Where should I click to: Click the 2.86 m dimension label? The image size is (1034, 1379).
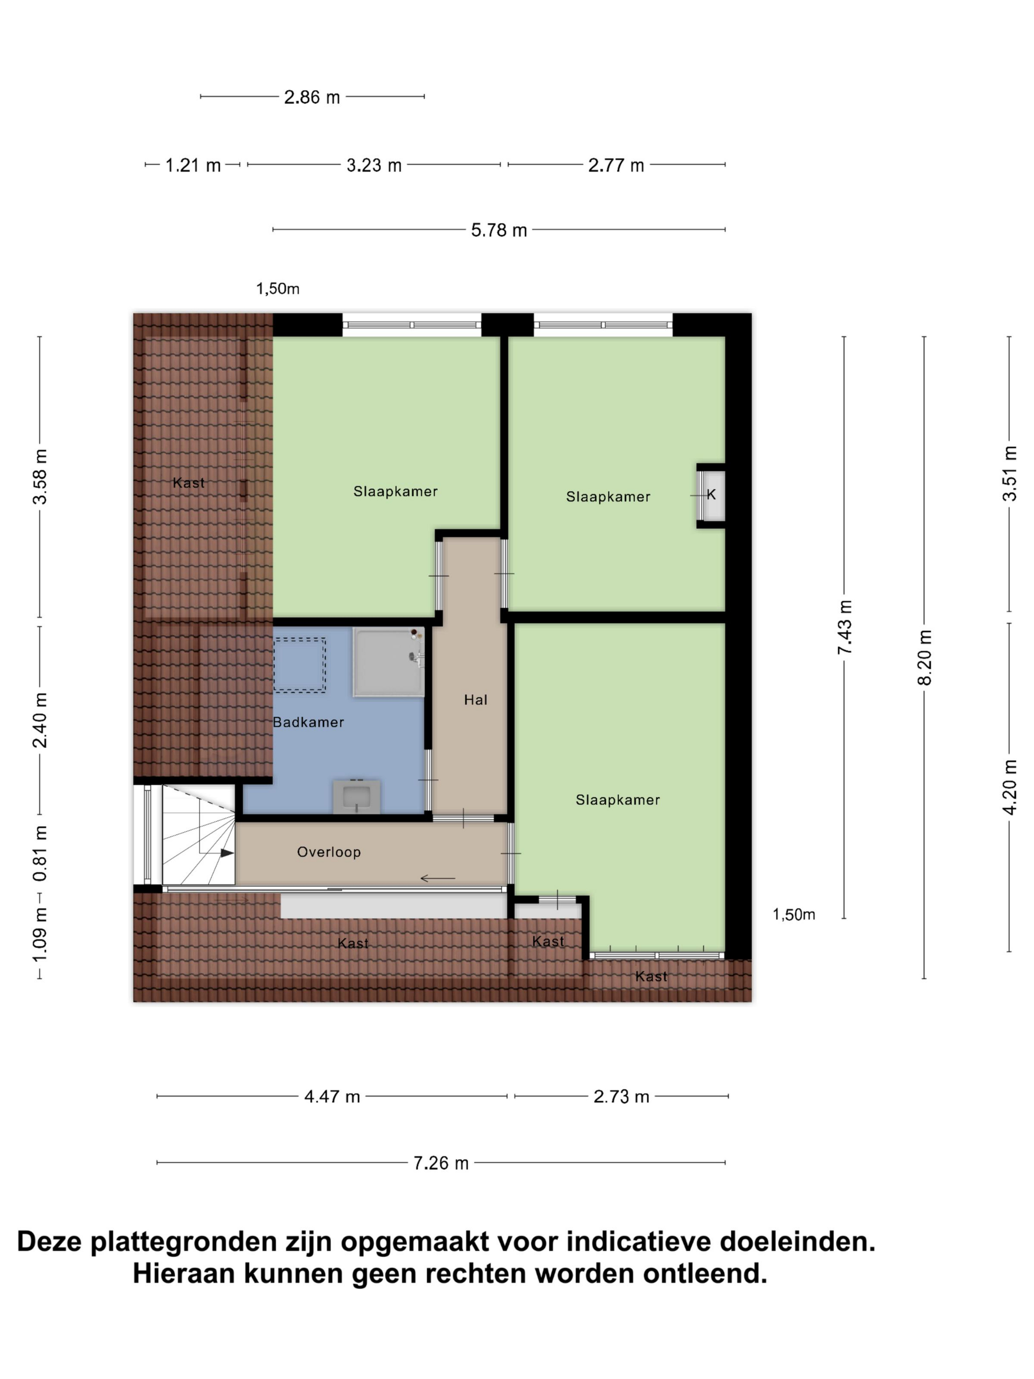pos(312,97)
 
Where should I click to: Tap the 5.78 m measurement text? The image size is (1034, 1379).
pos(499,230)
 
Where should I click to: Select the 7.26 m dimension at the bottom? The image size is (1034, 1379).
pos(441,1163)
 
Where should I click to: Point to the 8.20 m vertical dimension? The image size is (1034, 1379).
pos(924,657)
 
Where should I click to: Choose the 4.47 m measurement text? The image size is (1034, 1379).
pos(331,1097)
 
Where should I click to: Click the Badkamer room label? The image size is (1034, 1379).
pos(309,722)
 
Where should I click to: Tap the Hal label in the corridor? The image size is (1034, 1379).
pos(476,700)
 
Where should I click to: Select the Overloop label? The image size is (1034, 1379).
pos(328,852)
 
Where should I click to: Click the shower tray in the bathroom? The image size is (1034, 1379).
pos(389,662)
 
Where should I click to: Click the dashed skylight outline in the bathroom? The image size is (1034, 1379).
pos(300,665)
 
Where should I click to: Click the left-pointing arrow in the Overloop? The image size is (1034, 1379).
pos(438,879)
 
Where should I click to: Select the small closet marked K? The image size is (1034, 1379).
pos(711,495)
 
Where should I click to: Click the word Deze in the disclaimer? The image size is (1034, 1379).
pos(49,1242)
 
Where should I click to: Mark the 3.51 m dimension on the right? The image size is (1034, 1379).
pos(1010,474)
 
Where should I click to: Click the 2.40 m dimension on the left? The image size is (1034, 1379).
pos(40,720)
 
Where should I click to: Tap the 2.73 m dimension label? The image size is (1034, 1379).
pos(621,1097)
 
